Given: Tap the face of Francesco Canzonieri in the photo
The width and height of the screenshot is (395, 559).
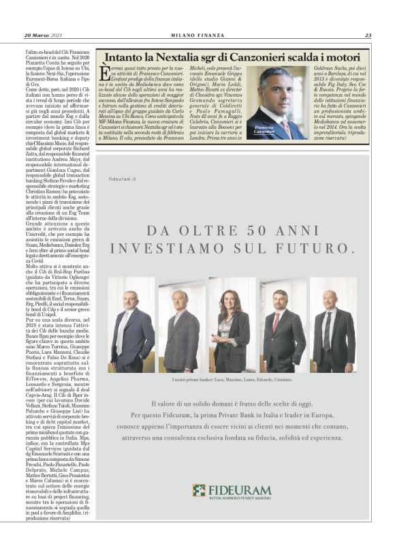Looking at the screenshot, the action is point(281,87).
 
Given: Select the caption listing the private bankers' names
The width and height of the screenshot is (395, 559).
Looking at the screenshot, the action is point(232,378).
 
